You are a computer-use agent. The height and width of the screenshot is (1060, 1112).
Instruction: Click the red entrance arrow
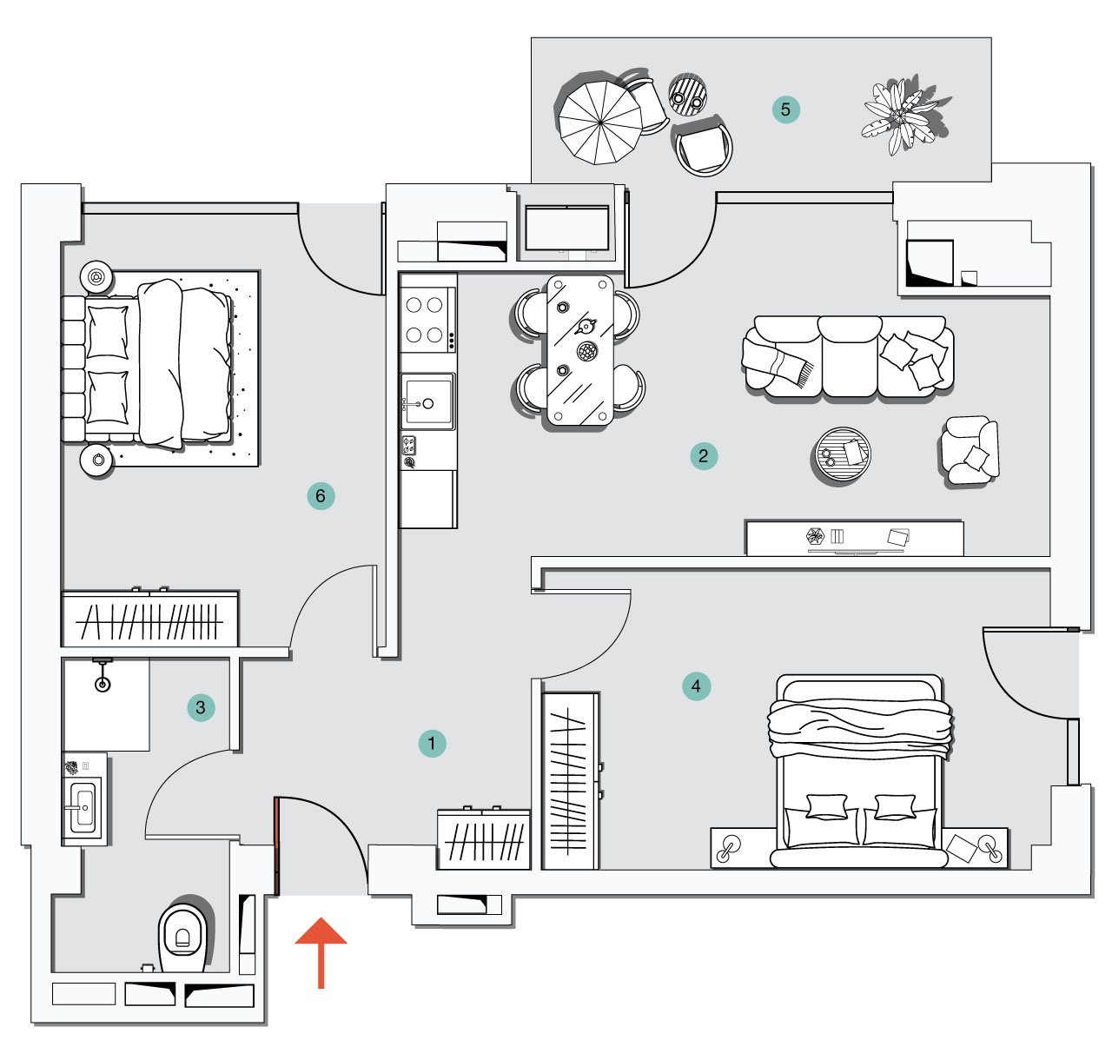(321, 952)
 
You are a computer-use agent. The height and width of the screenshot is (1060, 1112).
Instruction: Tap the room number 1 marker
(432, 743)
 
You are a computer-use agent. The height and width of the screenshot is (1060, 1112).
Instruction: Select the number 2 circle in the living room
(704, 455)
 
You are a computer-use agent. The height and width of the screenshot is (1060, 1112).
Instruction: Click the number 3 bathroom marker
(201, 707)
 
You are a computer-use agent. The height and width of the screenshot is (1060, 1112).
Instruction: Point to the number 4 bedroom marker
(696, 686)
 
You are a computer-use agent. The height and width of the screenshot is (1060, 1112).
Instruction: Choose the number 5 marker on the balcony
(785, 109)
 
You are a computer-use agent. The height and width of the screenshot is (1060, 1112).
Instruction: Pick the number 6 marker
(321, 496)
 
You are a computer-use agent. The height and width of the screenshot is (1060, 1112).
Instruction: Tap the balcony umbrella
(600, 123)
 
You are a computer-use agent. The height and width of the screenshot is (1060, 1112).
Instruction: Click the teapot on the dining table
(586, 327)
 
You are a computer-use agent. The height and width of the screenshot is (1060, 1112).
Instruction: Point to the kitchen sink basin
(427, 401)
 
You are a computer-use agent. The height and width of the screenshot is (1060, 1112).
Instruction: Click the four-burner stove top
(427, 320)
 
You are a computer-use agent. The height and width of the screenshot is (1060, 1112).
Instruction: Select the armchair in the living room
(970, 450)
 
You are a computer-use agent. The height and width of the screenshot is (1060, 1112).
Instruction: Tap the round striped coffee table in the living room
(842, 454)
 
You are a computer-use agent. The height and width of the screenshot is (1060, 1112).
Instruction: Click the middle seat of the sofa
(849, 356)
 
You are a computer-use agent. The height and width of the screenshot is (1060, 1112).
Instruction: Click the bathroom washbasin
(84, 806)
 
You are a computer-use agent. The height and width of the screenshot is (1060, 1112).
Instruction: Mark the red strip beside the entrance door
(277, 846)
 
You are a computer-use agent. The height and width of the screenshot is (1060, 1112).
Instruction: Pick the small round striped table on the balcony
(687, 94)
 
